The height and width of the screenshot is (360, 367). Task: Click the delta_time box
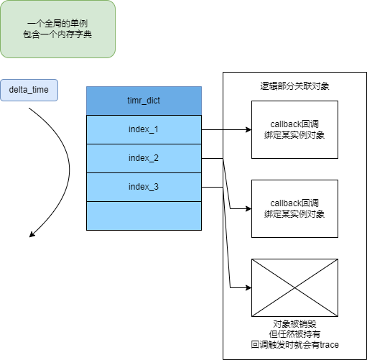[29, 90]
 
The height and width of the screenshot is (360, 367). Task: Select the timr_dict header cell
[144, 101]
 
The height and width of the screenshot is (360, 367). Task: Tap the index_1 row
[144, 129]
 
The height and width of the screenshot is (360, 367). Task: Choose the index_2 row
[144, 158]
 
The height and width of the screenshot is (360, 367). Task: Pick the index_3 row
[144, 187]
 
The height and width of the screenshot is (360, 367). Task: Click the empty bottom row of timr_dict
[144, 216]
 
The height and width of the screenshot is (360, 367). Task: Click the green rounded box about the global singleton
[57, 29]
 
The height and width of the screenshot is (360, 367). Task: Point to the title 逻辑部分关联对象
[294, 86]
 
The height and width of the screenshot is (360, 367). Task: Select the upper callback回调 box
[294, 129]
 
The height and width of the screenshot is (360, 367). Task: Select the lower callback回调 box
[294, 208]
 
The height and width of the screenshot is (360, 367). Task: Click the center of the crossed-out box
[294, 287]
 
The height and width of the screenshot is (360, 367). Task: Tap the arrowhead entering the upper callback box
[249, 129]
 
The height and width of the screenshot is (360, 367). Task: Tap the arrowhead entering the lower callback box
[249, 208]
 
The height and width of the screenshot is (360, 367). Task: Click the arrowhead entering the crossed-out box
[249, 287]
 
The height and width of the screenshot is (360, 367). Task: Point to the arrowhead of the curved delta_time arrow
[32, 235]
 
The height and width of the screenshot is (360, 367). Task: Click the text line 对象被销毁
[294, 324]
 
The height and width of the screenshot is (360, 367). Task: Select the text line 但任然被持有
[294, 334]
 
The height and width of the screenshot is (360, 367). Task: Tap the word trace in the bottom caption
[330, 345]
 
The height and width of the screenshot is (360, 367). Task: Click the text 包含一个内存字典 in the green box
[57, 34]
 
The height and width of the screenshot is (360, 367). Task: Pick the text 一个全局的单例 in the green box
[57, 24]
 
